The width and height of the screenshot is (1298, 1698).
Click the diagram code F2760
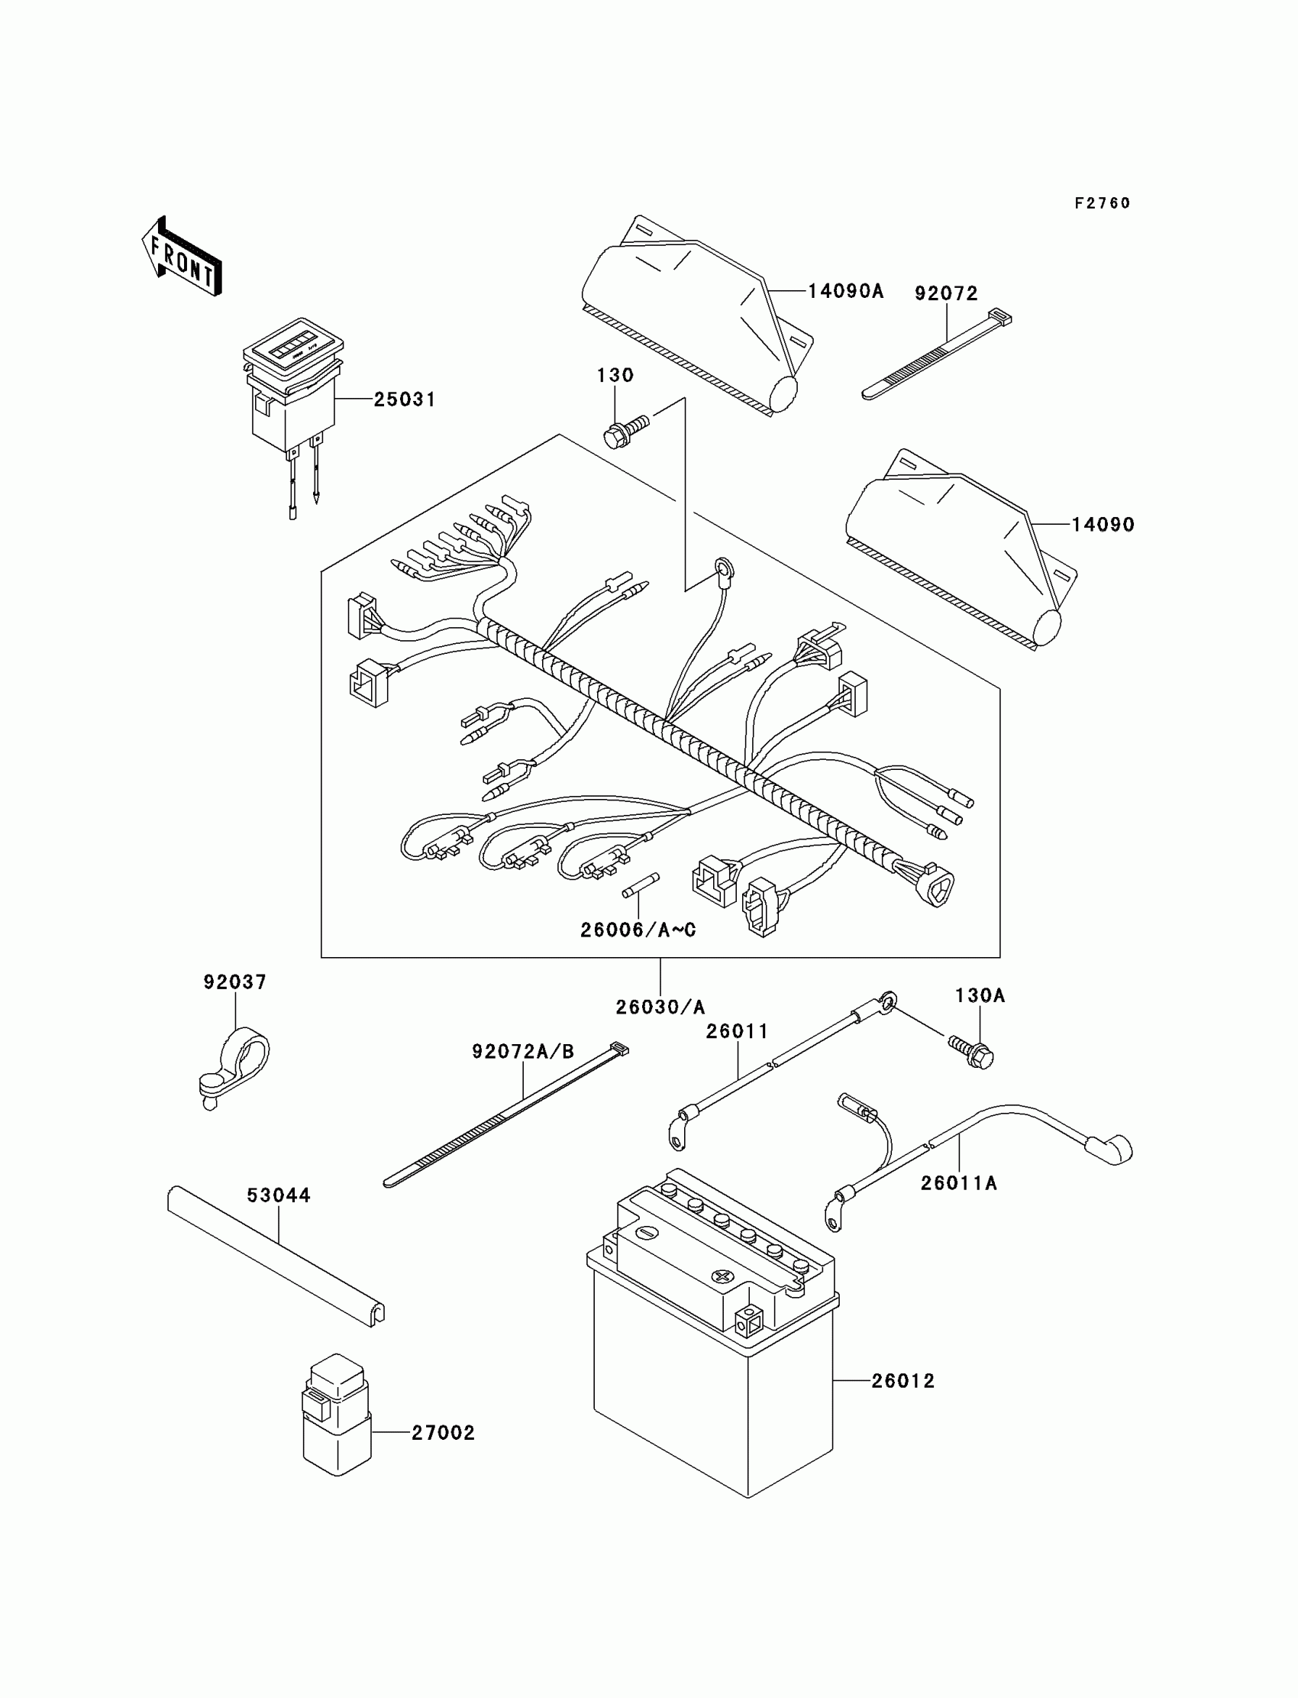[x=1103, y=203]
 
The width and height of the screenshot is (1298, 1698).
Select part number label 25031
[x=405, y=399]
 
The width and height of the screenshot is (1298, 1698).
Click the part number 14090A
[x=846, y=291]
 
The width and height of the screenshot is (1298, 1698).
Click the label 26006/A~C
[x=638, y=930]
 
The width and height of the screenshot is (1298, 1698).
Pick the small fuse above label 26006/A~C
[x=641, y=885]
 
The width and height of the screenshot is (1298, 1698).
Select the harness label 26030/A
[x=660, y=1007]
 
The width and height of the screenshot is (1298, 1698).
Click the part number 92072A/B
[x=524, y=1052]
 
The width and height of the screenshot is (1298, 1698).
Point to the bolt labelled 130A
[x=971, y=1050]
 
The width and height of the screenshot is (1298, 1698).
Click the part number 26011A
[x=959, y=1183]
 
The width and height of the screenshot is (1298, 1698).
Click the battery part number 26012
[x=903, y=1381]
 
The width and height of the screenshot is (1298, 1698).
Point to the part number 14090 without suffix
[x=1103, y=525]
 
